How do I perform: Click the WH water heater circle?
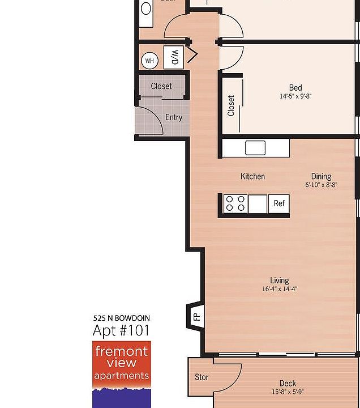pyautogui.click(x=149, y=61)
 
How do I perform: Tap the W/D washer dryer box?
pyautogui.click(x=175, y=57)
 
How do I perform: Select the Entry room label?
pyautogui.click(x=174, y=117)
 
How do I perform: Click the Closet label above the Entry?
pyautogui.click(x=161, y=86)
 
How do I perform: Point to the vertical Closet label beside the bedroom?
pyautogui.click(x=231, y=106)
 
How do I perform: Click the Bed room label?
pyautogui.click(x=295, y=87)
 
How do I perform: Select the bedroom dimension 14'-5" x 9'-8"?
pyautogui.click(x=295, y=96)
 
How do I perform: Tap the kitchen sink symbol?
pyautogui.click(x=255, y=148)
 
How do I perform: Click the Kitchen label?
pyautogui.click(x=252, y=176)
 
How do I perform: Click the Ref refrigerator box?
pyautogui.click(x=279, y=203)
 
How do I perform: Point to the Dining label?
pyautogui.click(x=321, y=176)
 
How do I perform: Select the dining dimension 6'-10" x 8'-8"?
pyautogui.click(x=321, y=185)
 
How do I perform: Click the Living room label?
pyautogui.click(x=280, y=280)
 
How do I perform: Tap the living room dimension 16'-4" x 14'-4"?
pyautogui.click(x=280, y=289)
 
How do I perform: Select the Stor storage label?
pyautogui.click(x=202, y=377)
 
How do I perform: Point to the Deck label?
pyautogui.click(x=288, y=383)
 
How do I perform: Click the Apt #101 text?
pyautogui.click(x=121, y=330)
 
